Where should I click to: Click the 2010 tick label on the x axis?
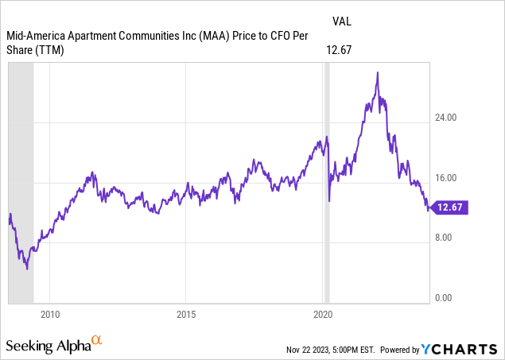point(50,315)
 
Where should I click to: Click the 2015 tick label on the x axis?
point(185,315)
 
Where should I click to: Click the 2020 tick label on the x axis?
point(322,315)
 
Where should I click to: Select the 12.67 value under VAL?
point(339,50)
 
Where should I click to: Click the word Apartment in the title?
point(96,36)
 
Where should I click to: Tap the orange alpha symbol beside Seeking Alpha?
point(97,341)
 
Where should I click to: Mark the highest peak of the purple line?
point(377,72)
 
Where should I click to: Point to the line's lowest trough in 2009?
point(27,269)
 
